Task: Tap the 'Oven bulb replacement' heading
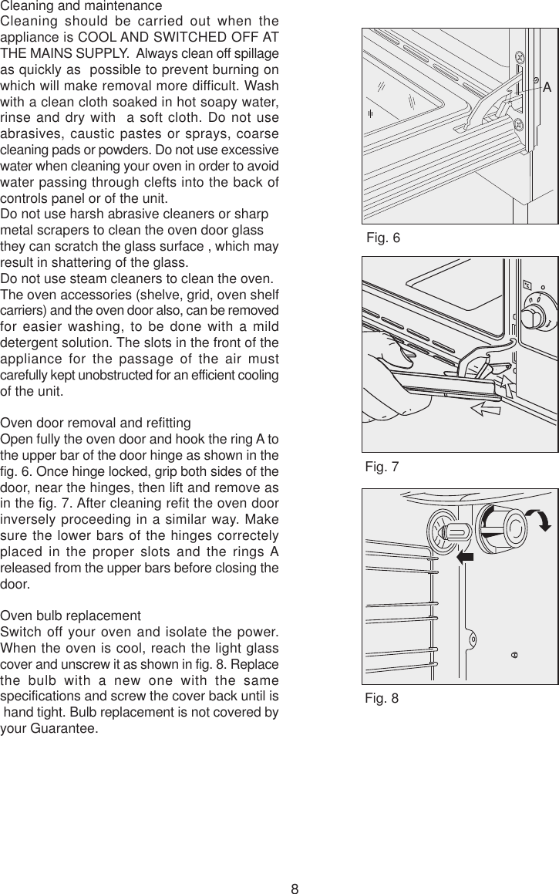71,617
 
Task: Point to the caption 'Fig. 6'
384,238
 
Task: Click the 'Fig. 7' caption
383,467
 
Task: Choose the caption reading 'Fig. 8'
383,699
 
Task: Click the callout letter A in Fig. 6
547,87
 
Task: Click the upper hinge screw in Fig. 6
520,56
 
